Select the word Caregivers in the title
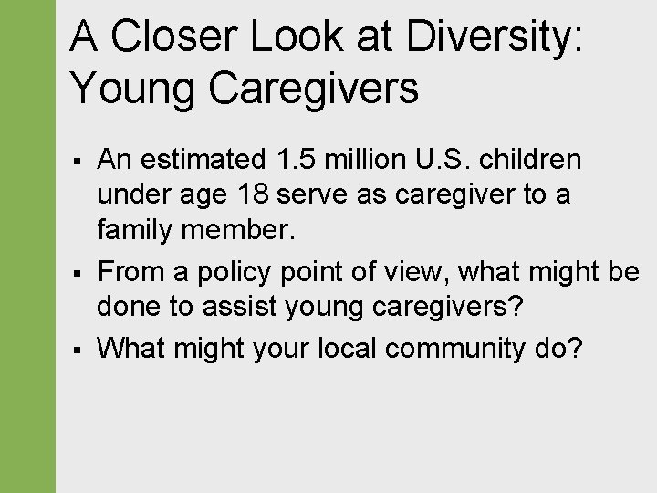tap(313, 89)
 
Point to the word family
tap(136, 230)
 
